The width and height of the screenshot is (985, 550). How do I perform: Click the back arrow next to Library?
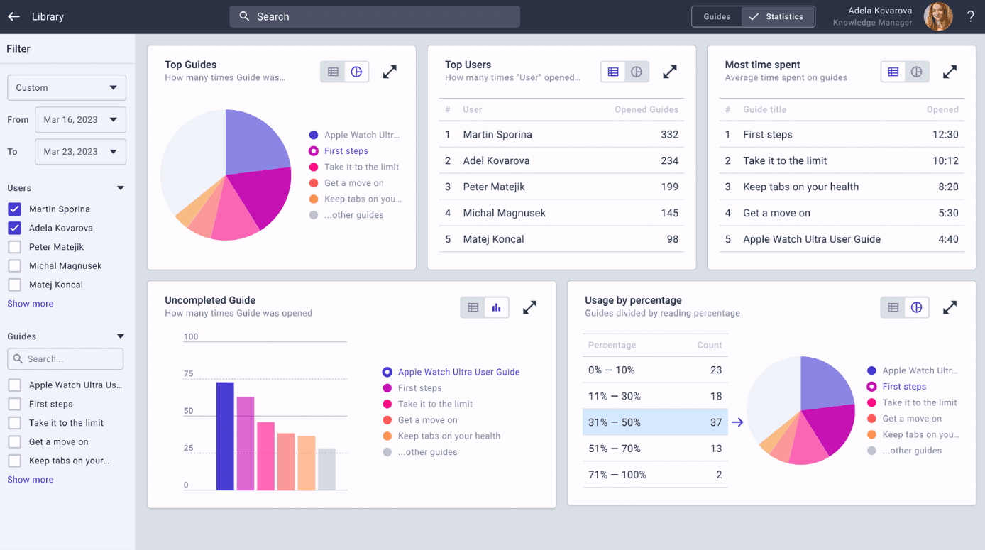pyautogui.click(x=13, y=16)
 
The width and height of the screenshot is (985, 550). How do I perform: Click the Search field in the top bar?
pyautogui.click(x=374, y=16)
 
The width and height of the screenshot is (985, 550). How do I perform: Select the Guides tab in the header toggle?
pyautogui.click(x=717, y=16)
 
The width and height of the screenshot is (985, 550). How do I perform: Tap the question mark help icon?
pyautogui.click(x=970, y=16)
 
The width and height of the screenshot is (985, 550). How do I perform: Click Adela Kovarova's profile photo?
pyautogui.click(x=937, y=16)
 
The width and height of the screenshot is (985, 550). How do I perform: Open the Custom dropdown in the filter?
pyautogui.click(x=67, y=88)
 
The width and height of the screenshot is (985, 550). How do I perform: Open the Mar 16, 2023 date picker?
pyautogui.click(x=80, y=120)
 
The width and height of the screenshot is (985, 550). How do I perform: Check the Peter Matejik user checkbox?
pyautogui.click(x=14, y=247)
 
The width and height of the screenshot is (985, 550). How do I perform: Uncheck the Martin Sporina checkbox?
pyautogui.click(x=14, y=209)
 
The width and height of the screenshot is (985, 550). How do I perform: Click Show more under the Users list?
pyautogui.click(x=31, y=304)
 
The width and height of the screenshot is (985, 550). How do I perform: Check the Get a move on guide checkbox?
pyautogui.click(x=14, y=441)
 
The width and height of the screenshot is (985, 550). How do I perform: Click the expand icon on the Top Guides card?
pyautogui.click(x=390, y=72)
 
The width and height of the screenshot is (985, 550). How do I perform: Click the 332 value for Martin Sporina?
pyautogui.click(x=669, y=135)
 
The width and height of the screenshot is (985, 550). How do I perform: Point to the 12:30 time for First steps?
pyautogui.click(x=945, y=135)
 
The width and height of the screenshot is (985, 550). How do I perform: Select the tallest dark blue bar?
pyautogui.click(x=225, y=436)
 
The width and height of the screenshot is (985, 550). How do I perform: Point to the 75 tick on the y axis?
pyautogui.click(x=189, y=374)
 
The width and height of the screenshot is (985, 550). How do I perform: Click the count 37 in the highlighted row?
pyautogui.click(x=715, y=422)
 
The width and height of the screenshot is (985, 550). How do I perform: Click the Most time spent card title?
pyautogui.click(x=762, y=65)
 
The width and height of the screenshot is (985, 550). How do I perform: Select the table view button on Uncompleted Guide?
pyautogui.click(x=473, y=307)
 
